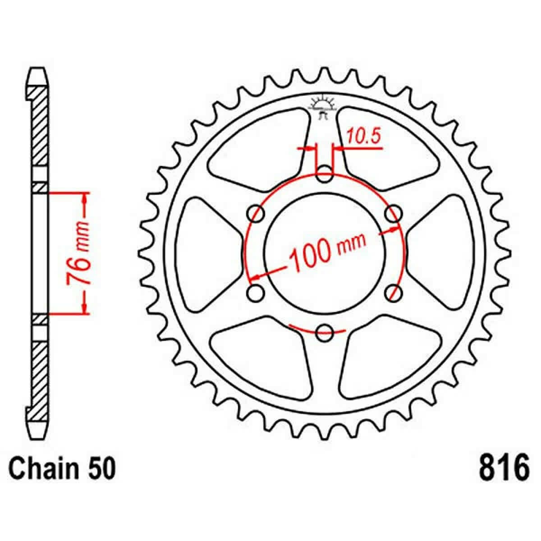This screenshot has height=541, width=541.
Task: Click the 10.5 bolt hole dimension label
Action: (364, 137)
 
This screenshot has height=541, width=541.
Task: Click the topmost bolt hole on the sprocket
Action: (324, 174)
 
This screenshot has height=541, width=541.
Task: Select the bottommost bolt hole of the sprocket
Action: (324, 333)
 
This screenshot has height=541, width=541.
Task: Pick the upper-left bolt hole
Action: (256, 214)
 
